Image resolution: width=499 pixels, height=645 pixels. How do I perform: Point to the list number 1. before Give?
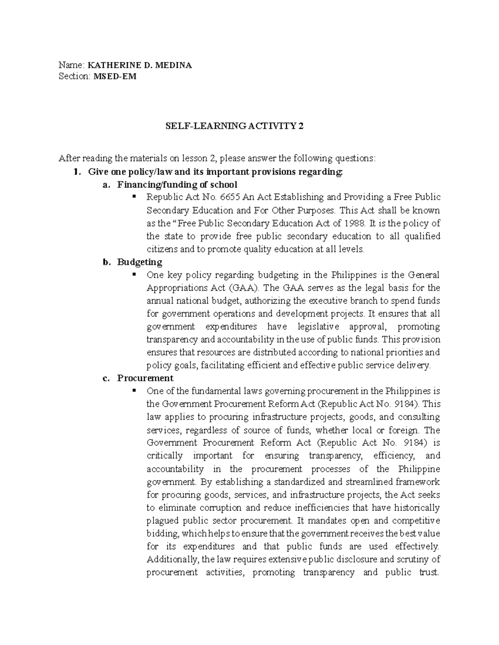[x=75, y=172]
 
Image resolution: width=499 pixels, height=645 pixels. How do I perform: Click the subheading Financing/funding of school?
[x=177, y=184]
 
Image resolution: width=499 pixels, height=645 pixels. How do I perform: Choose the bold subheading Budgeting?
[x=140, y=262]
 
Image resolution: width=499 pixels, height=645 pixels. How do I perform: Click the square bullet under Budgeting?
[x=134, y=275]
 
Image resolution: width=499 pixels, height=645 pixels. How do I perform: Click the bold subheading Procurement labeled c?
[x=145, y=378]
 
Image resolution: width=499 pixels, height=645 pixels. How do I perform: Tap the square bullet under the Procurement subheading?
[x=134, y=390]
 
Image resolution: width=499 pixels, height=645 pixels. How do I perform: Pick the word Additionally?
[x=173, y=559]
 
